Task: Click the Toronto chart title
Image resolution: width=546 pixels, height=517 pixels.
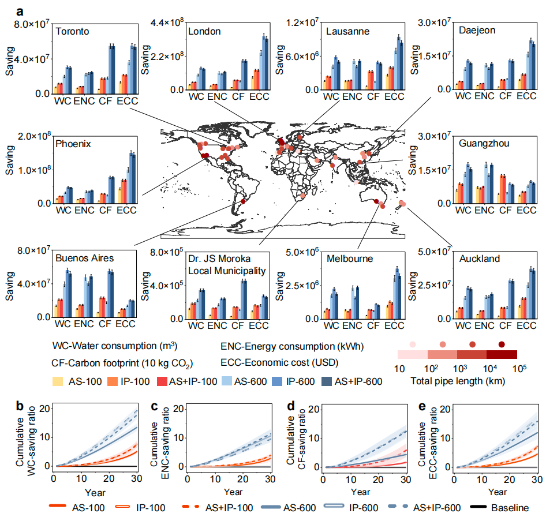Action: (x=72, y=31)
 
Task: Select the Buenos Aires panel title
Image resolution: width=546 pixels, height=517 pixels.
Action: (x=85, y=258)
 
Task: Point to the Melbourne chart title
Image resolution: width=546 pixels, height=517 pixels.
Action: (x=350, y=258)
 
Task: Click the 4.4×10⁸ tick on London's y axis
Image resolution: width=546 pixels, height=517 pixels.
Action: (x=167, y=23)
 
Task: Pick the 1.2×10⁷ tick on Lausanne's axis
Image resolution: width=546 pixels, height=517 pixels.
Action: (x=302, y=23)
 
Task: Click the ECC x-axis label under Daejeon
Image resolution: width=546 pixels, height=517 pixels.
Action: (x=526, y=96)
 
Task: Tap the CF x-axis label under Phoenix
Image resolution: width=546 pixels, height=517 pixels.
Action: (x=105, y=210)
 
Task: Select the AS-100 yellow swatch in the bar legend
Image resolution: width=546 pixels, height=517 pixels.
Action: (x=58, y=381)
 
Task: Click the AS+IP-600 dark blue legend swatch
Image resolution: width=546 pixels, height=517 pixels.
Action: (x=326, y=381)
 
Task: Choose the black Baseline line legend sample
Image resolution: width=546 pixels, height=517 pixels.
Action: (x=478, y=507)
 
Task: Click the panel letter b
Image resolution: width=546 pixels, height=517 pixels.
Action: (x=20, y=406)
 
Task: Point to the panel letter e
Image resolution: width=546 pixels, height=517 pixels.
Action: (x=422, y=406)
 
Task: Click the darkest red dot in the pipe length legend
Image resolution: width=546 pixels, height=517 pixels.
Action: (x=502, y=344)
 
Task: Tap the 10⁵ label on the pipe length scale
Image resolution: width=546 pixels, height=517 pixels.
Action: (x=519, y=368)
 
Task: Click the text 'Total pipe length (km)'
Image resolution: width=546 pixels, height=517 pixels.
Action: (x=458, y=381)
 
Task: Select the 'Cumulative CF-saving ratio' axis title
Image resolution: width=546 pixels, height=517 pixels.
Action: (x=296, y=439)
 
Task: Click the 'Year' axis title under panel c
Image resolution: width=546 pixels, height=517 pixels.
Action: (x=233, y=492)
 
